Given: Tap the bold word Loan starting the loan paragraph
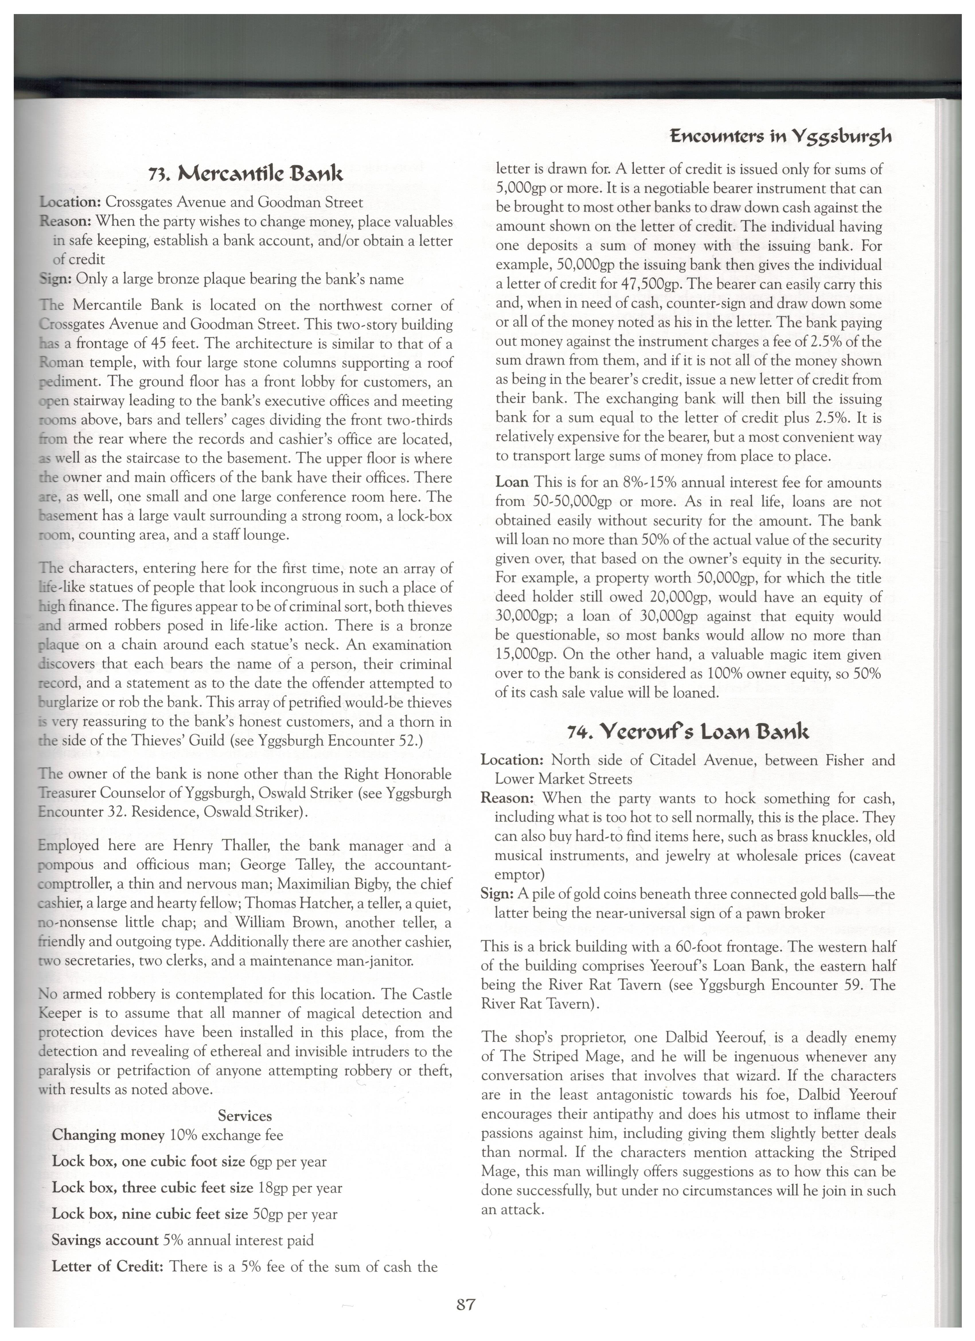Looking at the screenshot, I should pyautogui.click(x=512, y=483).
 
